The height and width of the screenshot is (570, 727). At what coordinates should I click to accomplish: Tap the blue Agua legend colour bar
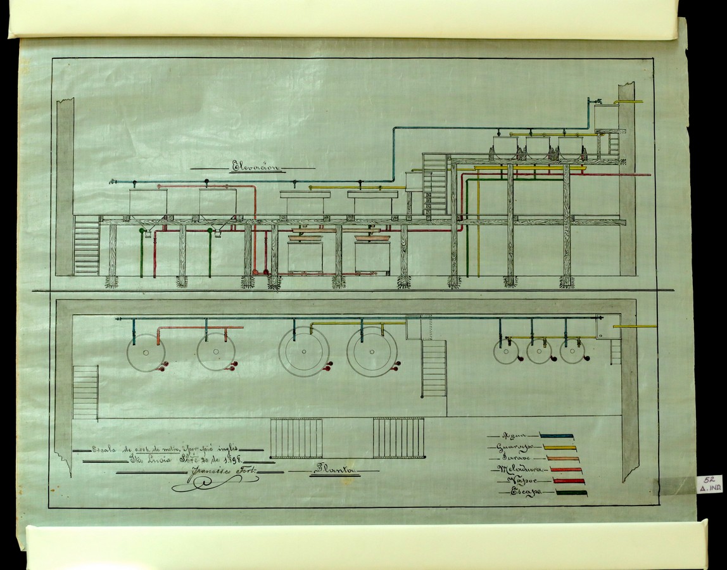click(557, 436)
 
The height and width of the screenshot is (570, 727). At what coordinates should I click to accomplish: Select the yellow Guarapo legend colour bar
click(559, 446)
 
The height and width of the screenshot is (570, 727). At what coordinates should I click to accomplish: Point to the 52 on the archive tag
click(708, 481)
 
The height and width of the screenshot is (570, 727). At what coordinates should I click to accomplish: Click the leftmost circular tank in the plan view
click(146, 352)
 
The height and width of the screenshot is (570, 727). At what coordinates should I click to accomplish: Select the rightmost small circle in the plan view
click(572, 351)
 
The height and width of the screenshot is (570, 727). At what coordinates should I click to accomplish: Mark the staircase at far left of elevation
click(86, 245)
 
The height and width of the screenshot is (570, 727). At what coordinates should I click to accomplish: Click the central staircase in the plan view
click(434, 368)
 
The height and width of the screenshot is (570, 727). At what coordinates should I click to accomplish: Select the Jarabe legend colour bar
click(560, 458)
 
